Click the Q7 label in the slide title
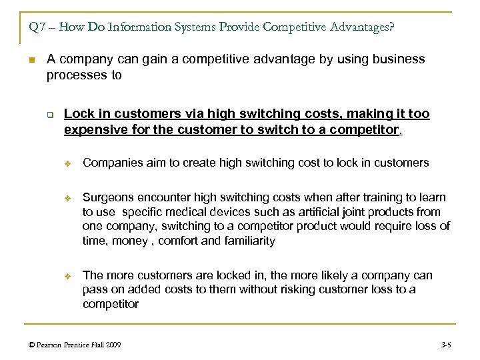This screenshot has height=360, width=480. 37,29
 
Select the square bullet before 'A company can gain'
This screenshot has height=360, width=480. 31,61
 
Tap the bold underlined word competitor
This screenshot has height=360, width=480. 370,129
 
